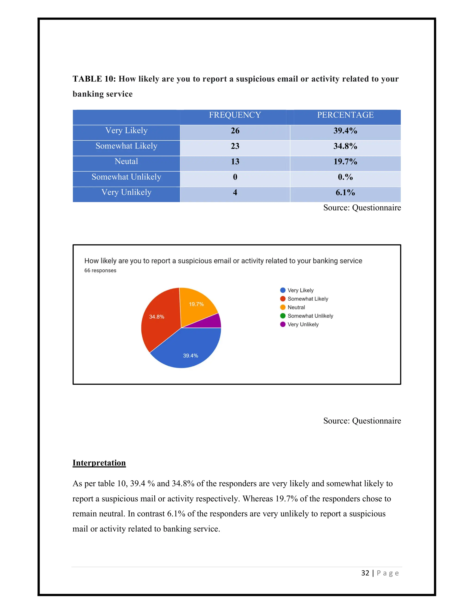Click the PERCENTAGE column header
[345, 115]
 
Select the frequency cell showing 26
[235, 131]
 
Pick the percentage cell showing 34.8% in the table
[345, 146]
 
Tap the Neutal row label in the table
[126, 161]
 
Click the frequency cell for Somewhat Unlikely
[235, 177]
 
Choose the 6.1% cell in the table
[345, 193]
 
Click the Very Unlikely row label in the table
[126, 192]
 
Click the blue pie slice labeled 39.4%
[188, 349]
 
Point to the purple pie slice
[212, 322]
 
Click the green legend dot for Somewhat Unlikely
[283, 316]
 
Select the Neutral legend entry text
[296, 307]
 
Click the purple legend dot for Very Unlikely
[283, 324]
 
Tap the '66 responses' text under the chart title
[100, 270]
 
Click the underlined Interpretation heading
[99, 463]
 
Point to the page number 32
[365, 573]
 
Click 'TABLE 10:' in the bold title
[94, 79]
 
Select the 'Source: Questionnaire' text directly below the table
[362, 208]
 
